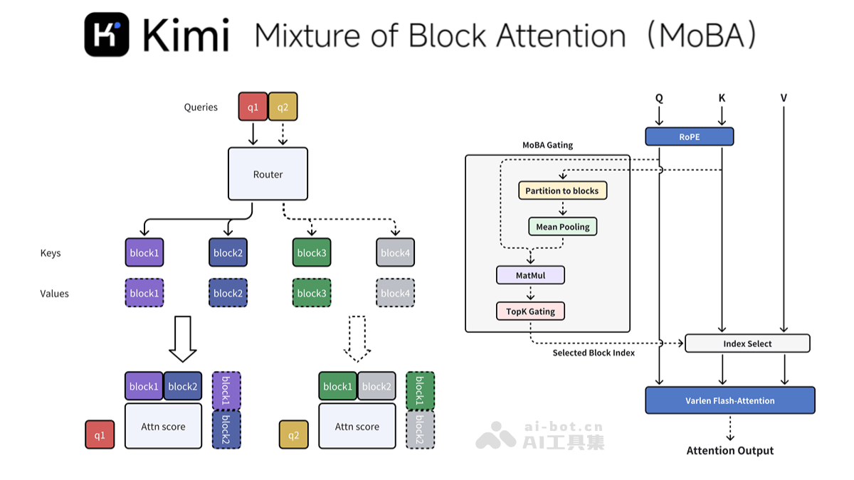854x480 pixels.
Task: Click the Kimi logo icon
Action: (107, 34)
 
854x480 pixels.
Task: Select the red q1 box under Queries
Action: (253, 107)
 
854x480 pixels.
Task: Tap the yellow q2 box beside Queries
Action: (283, 107)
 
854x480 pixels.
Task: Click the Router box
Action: (268, 174)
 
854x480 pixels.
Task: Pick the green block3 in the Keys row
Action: (312, 252)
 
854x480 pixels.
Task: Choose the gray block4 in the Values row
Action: (395, 293)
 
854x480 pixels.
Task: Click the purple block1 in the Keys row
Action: (144, 252)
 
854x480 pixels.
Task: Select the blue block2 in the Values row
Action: (228, 293)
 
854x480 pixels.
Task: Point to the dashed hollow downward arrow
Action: (357, 338)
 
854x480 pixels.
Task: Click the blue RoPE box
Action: (689, 137)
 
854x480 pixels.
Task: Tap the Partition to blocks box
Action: (562, 191)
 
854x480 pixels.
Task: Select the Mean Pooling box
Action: (563, 227)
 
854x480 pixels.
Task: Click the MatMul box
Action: (530, 275)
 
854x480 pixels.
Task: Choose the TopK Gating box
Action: (530, 311)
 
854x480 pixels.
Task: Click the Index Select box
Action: (747, 343)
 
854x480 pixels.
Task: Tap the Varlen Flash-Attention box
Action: (730, 400)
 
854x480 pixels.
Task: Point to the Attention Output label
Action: (729, 451)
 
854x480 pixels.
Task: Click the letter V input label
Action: (784, 98)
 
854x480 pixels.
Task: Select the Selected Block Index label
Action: (594, 353)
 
